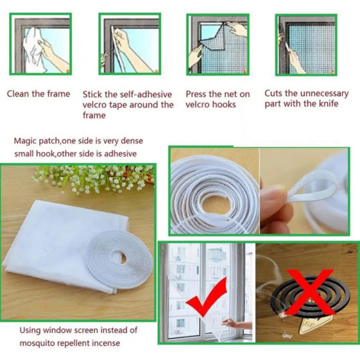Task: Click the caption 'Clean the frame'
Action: point(38,94)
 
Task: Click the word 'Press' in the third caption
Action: point(196,94)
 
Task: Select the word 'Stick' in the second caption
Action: point(93,95)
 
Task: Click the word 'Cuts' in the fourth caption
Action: point(274,93)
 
